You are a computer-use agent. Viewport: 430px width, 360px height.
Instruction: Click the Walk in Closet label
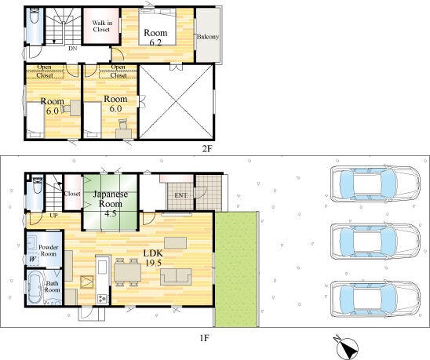102,27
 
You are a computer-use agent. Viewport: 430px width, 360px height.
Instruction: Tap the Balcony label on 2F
208,36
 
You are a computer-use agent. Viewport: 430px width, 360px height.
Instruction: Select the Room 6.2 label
155,37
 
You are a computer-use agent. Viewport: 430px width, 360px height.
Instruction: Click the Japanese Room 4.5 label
111,204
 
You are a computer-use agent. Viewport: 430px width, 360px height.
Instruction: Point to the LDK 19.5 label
153,258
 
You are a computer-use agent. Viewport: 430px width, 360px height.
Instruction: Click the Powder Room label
49,251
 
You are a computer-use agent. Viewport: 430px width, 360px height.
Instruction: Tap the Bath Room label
52,286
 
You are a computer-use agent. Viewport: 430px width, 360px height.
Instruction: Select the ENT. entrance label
181,195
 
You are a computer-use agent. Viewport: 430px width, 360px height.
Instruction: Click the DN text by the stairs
73,49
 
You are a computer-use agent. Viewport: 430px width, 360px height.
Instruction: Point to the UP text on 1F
53,216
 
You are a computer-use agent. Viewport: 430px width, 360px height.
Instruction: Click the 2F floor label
207,149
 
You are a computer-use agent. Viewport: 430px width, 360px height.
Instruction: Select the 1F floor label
204,338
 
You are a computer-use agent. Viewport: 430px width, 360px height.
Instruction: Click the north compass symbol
346,347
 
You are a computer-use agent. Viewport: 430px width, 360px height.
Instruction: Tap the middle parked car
375,242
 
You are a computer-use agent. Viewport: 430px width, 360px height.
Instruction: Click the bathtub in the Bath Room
35,287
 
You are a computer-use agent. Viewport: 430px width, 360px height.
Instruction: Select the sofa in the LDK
176,277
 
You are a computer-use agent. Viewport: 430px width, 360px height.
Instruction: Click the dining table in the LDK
127,272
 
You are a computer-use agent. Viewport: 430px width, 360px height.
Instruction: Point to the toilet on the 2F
35,16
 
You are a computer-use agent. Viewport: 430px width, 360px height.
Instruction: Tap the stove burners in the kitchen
103,298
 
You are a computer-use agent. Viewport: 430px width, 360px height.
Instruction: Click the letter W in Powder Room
32,259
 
